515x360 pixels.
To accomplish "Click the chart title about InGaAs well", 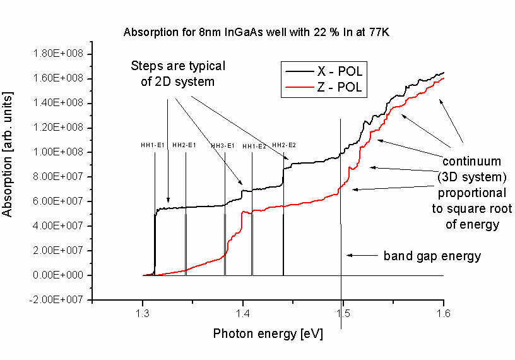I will coord(257,32).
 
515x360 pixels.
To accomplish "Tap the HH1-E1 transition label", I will coord(152,146).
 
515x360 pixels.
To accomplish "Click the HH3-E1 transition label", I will coord(222,146).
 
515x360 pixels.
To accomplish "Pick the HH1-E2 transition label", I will coord(254,146).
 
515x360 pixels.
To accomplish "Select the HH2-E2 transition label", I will coord(284,145).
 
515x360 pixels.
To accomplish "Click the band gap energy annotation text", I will coord(432,256).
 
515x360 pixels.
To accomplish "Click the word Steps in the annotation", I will coord(146,66).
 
